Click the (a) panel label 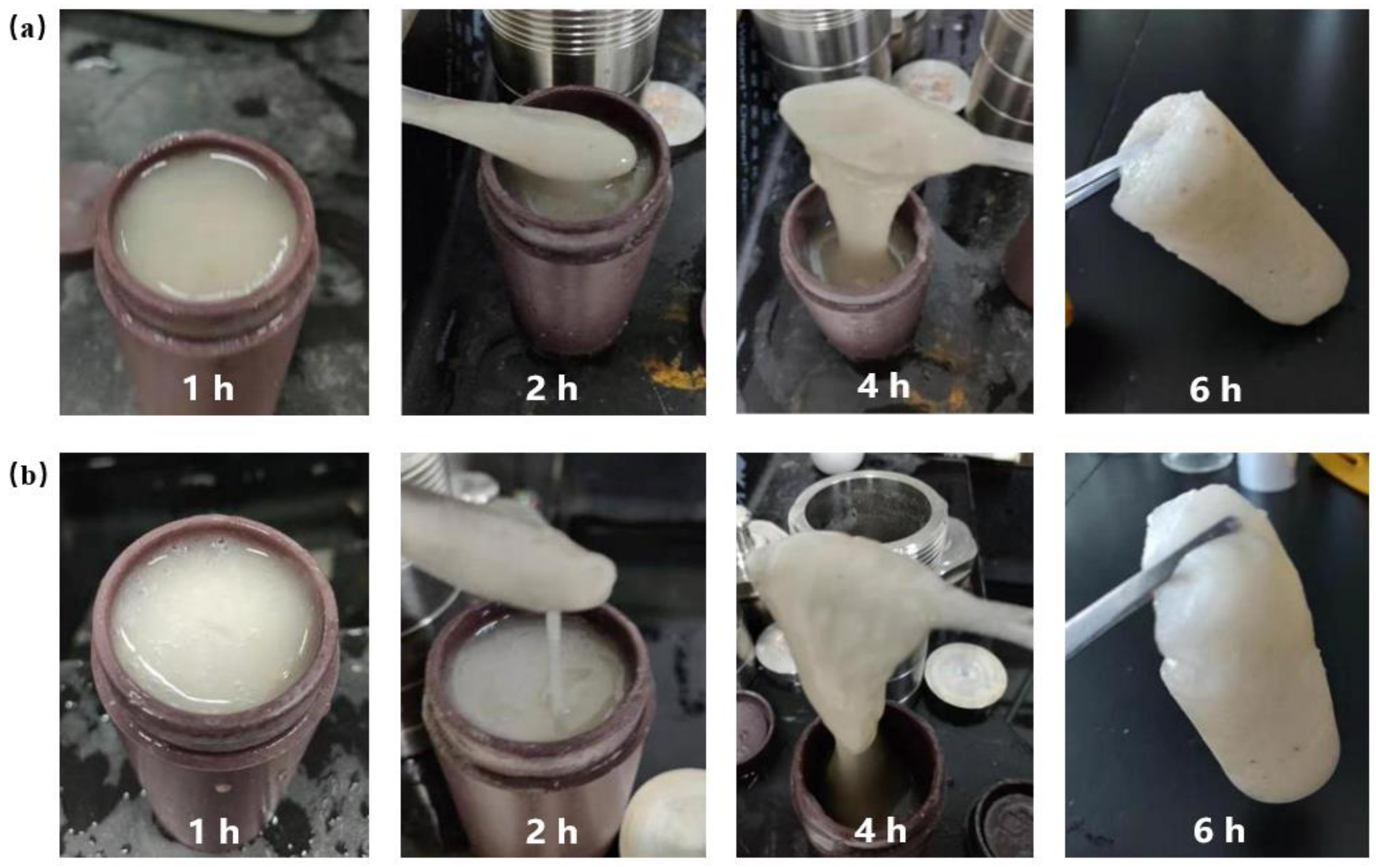coord(26,28)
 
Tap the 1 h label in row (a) coord(209,388)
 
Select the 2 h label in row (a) coord(551,388)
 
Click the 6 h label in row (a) coord(1216,390)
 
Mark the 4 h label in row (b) coord(880,830)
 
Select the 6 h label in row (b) coord(1219,830)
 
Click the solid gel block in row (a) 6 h coord(1229,211)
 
